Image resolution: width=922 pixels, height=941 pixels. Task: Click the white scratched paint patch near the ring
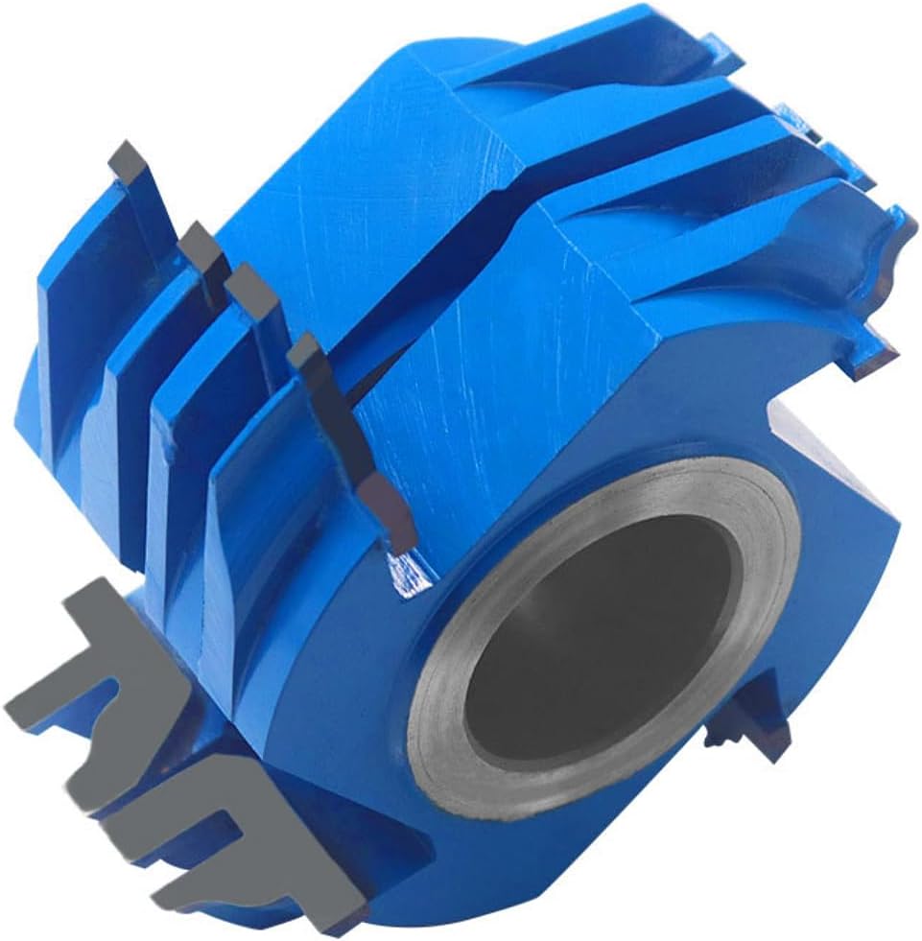click(x=408, y=574)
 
